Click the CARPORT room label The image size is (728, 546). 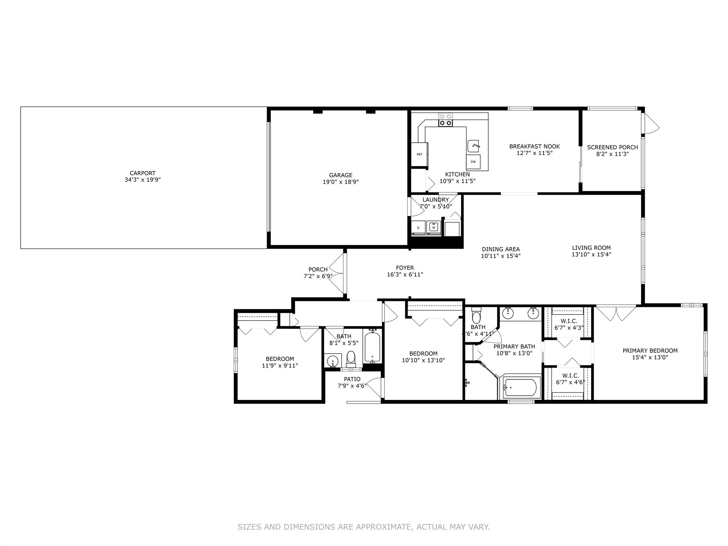pyautogui.click(x=143, y=173)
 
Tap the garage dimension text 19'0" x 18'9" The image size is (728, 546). pyautogui.click(x=341, y=182)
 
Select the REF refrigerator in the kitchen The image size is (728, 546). pyautogui.click(x=419, y=154)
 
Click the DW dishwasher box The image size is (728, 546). pyautogui.click(x=473, y=162)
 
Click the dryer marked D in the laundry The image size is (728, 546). pyautogui.click(x=418, y=228)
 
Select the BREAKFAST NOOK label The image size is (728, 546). pyautogui.click(x=534, y=146)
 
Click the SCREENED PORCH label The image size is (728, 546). pyautogui.click(x=612, y=147)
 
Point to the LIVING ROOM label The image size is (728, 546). pyautogui.click(x=591, y=248)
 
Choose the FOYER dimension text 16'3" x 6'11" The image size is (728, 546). pyautogui.click(x=405, y=274)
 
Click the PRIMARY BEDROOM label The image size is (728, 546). pyautogui.click(x=650, y=350)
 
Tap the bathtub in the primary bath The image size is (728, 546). pyautogui.click(x=520, y=387)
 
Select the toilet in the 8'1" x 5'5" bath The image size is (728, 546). pyautogui.click(x=351, y=359)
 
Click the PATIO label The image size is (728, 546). pyautogui.click(x=352, y=379)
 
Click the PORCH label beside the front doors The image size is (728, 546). pyautogui.click(x=318, y=269)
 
